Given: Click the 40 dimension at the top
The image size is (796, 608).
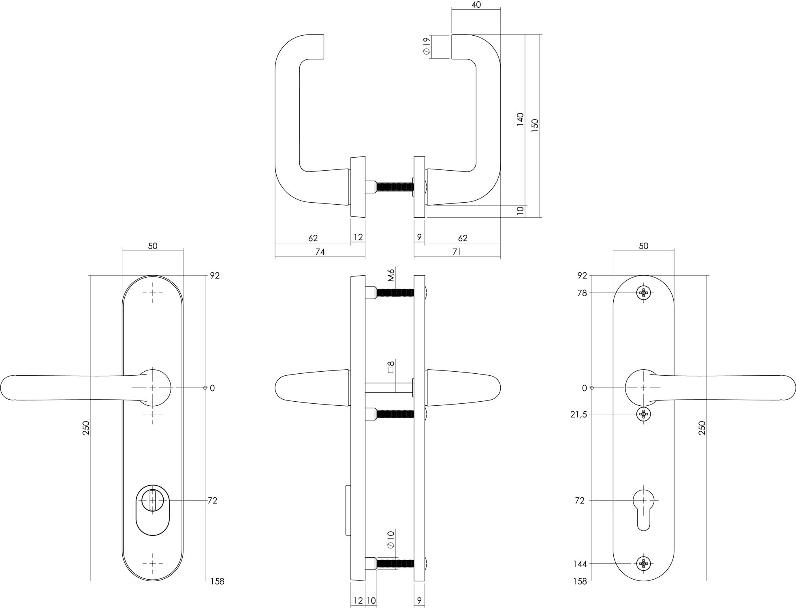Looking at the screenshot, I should tap(476, 5).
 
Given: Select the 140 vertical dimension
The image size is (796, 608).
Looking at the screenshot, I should tap(520, 120).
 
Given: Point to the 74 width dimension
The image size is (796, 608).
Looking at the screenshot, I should tap(320, 252).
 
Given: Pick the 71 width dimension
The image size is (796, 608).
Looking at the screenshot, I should tap(457, 252).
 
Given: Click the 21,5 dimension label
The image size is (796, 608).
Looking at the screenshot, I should tap(578, 414).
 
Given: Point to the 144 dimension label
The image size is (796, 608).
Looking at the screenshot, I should tap(580, 564).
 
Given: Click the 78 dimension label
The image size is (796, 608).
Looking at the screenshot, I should tap(582, 293).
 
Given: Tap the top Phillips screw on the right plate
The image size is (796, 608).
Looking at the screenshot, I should tap(643, 293).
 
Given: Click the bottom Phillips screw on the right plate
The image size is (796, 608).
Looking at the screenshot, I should tap(643, 563).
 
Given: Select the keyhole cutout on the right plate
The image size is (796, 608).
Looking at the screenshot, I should tap(643, 509).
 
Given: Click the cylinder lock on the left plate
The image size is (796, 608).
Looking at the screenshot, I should tap(152, 509).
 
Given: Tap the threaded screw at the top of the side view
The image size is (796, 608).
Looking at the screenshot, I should tap(395, 292).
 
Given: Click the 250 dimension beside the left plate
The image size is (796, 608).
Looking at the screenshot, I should tap(86, 428).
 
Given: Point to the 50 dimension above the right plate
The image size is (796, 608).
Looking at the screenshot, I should tap(643, 246).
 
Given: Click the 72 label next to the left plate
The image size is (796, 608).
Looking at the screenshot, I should tap(212, 501).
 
